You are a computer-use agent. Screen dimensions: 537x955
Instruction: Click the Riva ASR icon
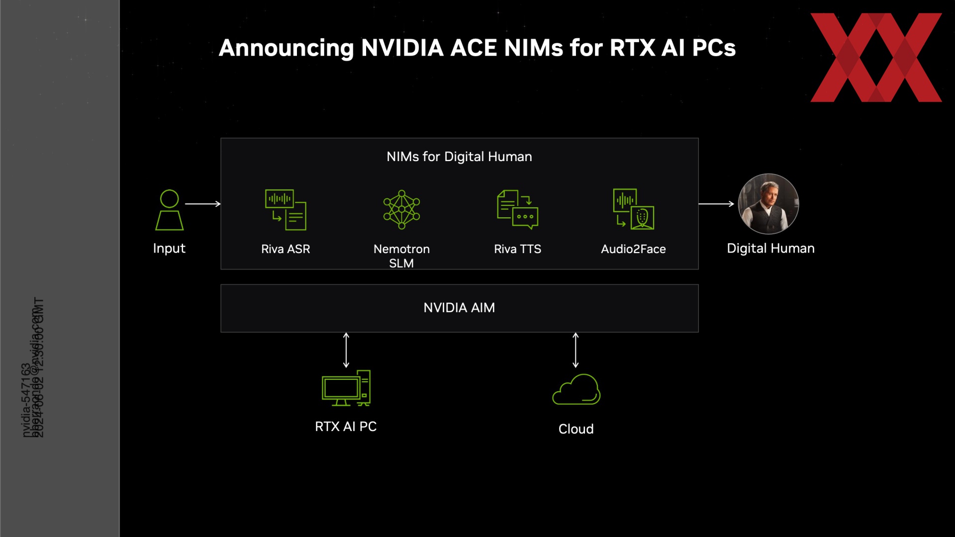coord(286,209)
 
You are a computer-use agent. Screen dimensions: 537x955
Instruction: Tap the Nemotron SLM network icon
coord(401,209)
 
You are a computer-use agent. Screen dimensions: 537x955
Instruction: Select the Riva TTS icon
coord(517,209)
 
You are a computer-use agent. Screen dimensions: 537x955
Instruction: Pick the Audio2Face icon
coord(633,209)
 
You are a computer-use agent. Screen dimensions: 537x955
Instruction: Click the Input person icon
coord(169,210)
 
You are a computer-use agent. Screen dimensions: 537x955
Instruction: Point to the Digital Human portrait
coord(768,204)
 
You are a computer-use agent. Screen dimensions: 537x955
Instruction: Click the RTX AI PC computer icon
coord(346,388)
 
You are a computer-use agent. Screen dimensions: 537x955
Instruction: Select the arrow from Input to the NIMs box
coord(202,204)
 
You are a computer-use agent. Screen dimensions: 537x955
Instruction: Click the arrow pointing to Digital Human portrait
coord(716,204)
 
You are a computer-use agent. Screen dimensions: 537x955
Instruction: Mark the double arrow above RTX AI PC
coord(346,350)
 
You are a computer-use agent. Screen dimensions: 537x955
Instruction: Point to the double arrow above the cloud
coord(575,350)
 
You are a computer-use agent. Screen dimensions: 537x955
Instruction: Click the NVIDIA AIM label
coord(459,308)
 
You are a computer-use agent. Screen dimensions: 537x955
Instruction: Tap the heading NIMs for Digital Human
coord(459,157)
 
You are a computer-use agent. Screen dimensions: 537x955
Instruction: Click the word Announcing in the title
coord(286,48)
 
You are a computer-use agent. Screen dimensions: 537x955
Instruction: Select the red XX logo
coord(876,57)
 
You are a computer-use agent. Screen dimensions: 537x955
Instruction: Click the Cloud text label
coord(576,429)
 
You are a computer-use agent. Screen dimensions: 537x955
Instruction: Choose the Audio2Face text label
coord(633,249)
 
